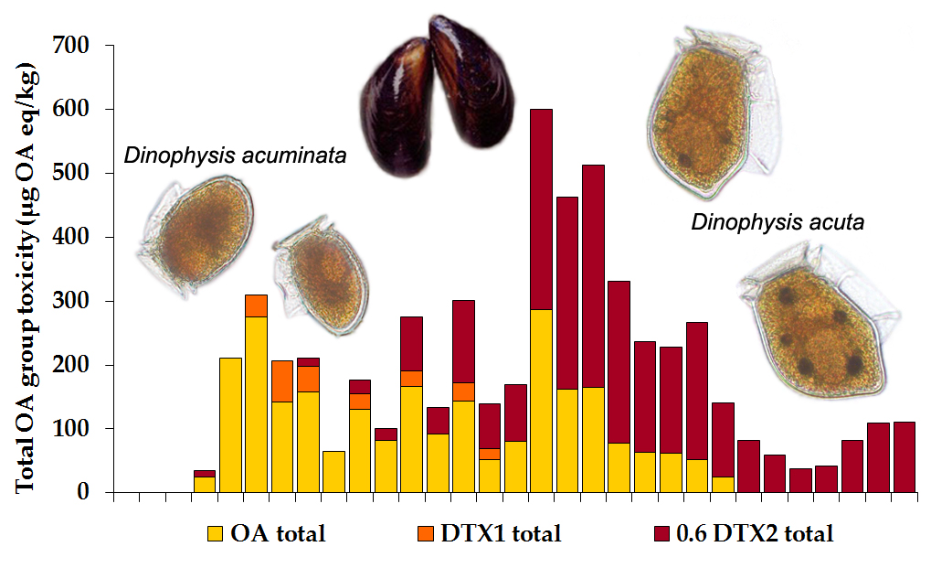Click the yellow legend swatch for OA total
[216, 534]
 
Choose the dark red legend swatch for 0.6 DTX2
[663, 534]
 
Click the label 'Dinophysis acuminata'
[235, 155]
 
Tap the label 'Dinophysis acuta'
[777, 221]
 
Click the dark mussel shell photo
[438, 96]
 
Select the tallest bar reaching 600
[541, 302]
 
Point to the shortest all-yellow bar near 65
[333, 472]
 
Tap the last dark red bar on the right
[905, 457]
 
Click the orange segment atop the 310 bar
[256, 305]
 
